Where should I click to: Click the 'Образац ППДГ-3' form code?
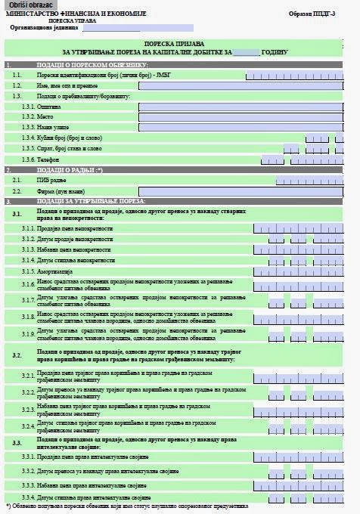coord(317,14)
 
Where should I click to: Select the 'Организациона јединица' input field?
coord(121,28)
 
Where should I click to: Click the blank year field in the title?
coord(245,53)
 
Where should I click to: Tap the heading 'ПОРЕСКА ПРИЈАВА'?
coord(180,45)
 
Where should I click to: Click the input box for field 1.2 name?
coord(247,86)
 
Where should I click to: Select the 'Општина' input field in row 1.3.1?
coord(247,107)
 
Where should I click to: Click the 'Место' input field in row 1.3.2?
coord(247,117)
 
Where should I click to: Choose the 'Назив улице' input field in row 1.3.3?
coord(247,128)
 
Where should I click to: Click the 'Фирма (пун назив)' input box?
coord(247,191)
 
